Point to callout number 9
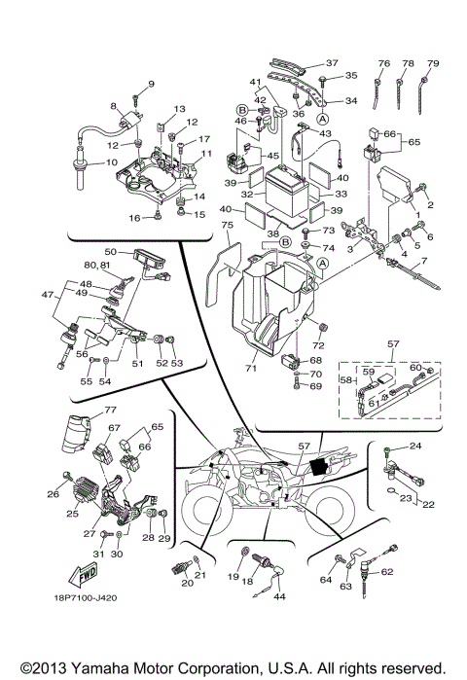[151, 83]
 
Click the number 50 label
[110, 252]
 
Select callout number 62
[413, 573]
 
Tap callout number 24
[413, 447]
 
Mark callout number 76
[383, 63]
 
